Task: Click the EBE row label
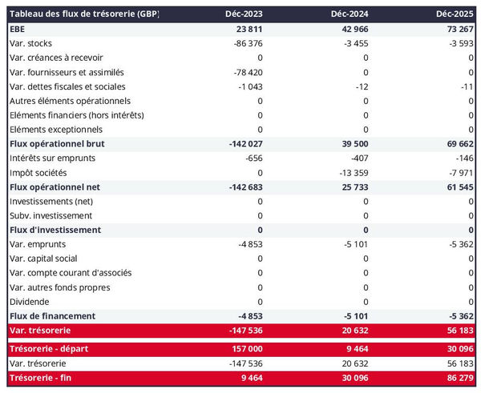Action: [x=17, y=29]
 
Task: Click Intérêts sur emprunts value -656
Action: [x=252, y=158]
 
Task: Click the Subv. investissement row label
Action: [x=51, y=216]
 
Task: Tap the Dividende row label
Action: [x=30, y=302]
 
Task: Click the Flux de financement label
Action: [x=53, y=316]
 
